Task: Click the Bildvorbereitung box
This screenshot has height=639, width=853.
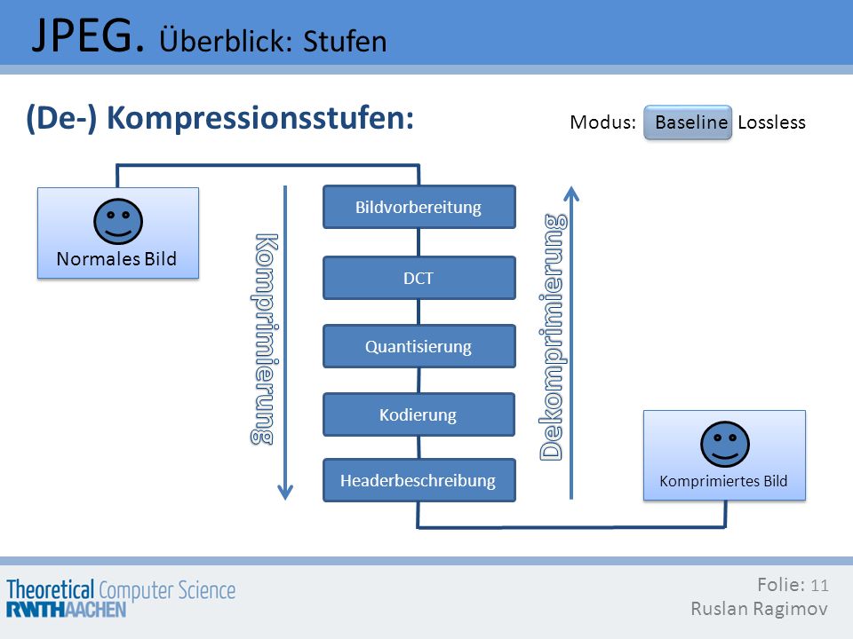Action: (x=419, y=207)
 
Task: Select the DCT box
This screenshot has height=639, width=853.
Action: (x=419, y=278)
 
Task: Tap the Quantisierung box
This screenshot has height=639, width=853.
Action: (x=419, y=346)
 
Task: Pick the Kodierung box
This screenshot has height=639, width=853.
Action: (x=419, y=414)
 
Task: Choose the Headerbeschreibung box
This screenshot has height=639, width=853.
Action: (x=419, y=480)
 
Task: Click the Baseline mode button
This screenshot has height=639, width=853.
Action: (x=688, y=122)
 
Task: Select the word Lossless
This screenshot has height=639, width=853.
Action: (x=771, y=122)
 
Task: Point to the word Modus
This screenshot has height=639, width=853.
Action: (x=602, y=122)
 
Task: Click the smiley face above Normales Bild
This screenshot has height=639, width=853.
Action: (x=118, y=221)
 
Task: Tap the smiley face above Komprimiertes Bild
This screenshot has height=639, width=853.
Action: (x=725, y=444)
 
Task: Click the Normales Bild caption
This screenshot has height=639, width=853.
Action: (x=116, y=258)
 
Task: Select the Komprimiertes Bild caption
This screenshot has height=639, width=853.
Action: (x=723, y=481)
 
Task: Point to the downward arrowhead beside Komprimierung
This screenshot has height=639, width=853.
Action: (x=285, y=492)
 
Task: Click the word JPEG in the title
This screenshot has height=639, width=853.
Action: (x=89, y=35)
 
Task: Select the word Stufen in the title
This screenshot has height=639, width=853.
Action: (x=345, y=42)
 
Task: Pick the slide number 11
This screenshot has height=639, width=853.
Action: (x=819, y=585)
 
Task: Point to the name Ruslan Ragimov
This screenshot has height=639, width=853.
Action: (x=759, y=609)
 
